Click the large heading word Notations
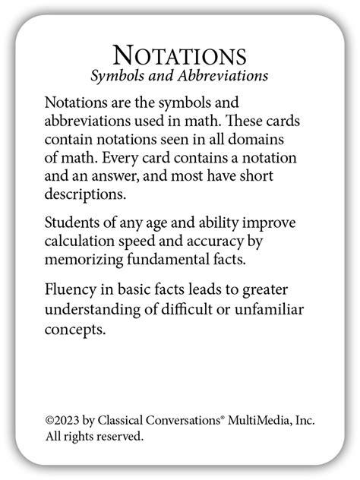point(179,55)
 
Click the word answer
point(122,176)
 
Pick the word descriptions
point(84,194)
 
